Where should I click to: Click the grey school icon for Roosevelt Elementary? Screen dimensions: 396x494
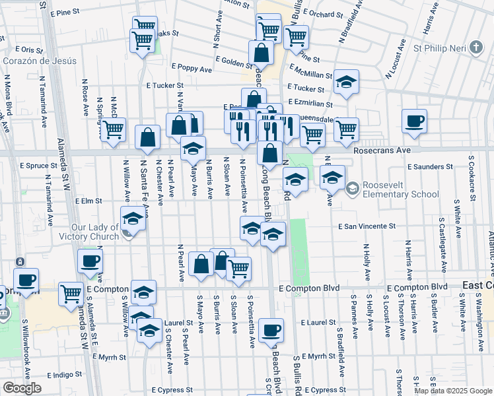(x=353, y=189)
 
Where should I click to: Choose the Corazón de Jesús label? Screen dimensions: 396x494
(x=39, y=61)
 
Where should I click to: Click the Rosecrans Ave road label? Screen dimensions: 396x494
(x=382, y=150)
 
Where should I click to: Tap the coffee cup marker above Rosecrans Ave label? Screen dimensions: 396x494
(x=414, y=122)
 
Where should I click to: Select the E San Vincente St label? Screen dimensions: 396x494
(x=366, y=226)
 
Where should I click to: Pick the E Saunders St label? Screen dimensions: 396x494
(x=430, y=167)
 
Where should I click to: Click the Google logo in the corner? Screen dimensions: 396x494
(x=21, y=388)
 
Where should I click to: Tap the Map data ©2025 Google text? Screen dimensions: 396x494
(x=453, y=391)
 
